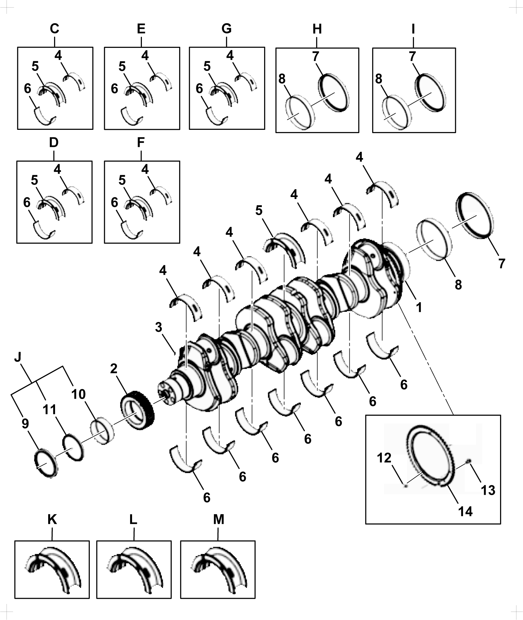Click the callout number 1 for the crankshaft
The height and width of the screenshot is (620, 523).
pos(418,308)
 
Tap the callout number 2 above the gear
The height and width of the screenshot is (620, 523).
pos(114,369)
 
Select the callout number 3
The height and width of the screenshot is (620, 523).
pos(159,327)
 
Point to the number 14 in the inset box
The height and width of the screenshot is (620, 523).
pos(465,511)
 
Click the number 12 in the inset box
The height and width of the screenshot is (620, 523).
pos(384,458)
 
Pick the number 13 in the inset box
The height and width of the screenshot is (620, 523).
pos(488,490)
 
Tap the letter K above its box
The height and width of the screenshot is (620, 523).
pos(52,519)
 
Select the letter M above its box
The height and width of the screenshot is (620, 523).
pos(219,519)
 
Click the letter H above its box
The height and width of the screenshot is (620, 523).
pos(317,29)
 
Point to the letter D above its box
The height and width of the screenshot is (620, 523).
pos(54,143)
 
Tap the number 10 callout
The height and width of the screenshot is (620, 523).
pos(79,394)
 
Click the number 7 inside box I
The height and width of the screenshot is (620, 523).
pos(412,56)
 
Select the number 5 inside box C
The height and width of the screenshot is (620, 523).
pos(35,67)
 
